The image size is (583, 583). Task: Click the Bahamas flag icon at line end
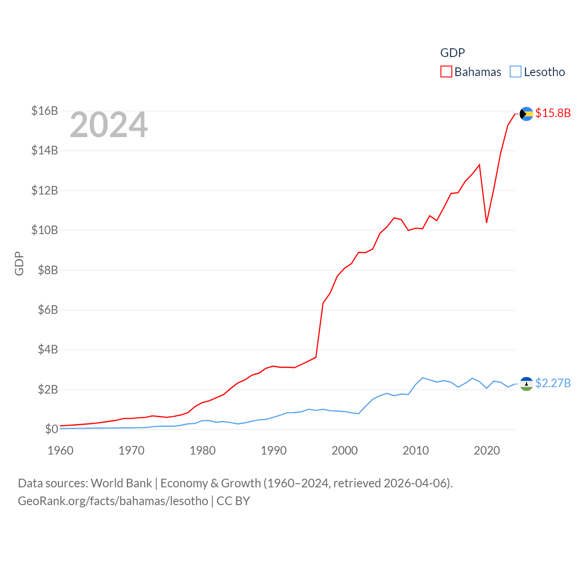point(527,114)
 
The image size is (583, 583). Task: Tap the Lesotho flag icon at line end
point(527,384)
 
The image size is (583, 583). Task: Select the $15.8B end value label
point(553,113)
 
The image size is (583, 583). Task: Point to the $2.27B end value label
point(553,383)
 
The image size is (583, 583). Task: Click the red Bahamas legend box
point(446,72)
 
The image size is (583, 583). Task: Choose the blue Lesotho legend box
point(516,72)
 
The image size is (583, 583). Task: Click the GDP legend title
point(452,53)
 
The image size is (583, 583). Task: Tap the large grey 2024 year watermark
point(109,125)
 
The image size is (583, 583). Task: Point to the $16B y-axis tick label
point(45,111)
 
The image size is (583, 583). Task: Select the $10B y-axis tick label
point(45,230)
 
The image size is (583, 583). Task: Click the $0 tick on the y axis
point(51,429)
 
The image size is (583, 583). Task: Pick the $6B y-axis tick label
point(47,310)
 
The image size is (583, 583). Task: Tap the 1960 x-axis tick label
point(61,450)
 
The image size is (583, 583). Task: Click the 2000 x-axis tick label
point(345,450)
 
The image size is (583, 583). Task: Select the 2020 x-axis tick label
point(487,450)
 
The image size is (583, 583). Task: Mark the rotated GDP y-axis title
point(19,263)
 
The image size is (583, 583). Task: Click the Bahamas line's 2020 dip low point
point(487,222)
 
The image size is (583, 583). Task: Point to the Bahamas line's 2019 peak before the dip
point(480,165)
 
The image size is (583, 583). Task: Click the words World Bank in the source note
point(121,483)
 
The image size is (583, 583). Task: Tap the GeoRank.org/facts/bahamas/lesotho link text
point(113,501)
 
